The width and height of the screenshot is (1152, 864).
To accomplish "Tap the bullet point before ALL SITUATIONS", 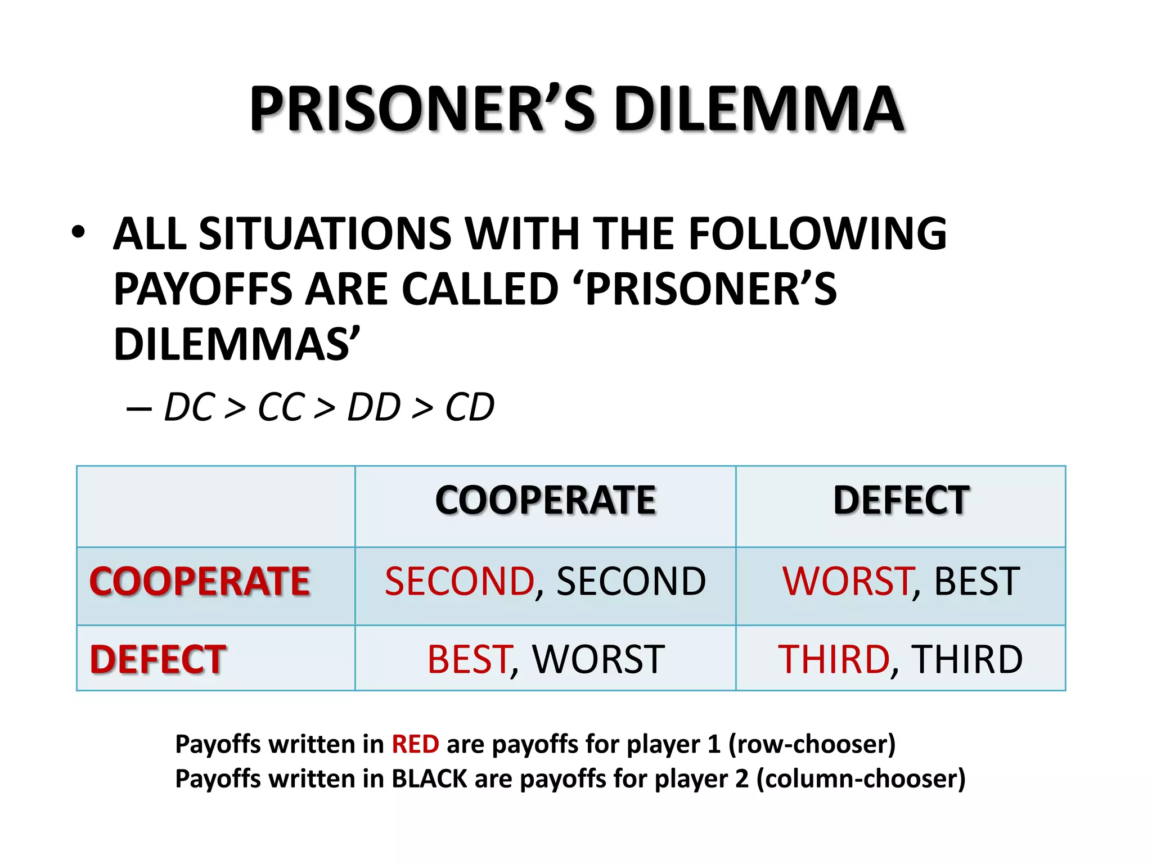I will click(x=78, y=232).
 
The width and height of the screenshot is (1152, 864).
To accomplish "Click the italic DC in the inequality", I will click(x=190, y=407).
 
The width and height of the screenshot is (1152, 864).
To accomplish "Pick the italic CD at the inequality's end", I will click(x=470, y=407).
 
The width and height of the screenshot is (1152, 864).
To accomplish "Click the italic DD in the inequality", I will click(x=374, y=407).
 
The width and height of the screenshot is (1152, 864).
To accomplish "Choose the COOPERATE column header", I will click(x=545, y=500).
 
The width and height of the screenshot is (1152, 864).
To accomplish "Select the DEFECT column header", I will click(x=901, y=500).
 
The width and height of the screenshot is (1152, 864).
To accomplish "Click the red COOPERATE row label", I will click(x=200, y=581).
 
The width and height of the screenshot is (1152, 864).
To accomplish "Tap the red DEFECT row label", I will click(x=158, y=659).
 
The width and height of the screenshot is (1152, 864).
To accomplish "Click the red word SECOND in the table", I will click(x=459, y=581).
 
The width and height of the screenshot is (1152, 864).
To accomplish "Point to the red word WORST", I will click(x=847, y=581).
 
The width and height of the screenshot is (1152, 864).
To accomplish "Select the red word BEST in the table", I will click(x=469, y=659).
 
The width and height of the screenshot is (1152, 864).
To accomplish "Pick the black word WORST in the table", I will click(x=598, y=659).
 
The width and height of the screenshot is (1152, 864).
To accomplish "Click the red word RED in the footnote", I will click(x=415, y=744).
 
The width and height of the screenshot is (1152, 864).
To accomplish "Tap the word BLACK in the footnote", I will click(x=429, y=779).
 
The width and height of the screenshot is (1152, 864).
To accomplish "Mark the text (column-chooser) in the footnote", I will click(x=861, y=779).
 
